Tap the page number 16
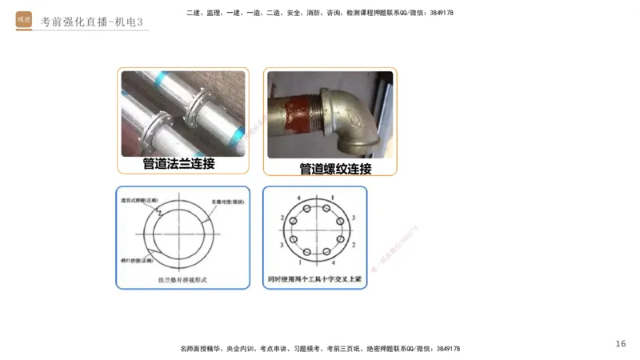(x=621, y=343)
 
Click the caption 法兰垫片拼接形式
(x=183, y=281)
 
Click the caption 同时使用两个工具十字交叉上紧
(x=314, y=281)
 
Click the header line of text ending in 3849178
(x=319, y=13)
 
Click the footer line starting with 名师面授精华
(x=319, y=349)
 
